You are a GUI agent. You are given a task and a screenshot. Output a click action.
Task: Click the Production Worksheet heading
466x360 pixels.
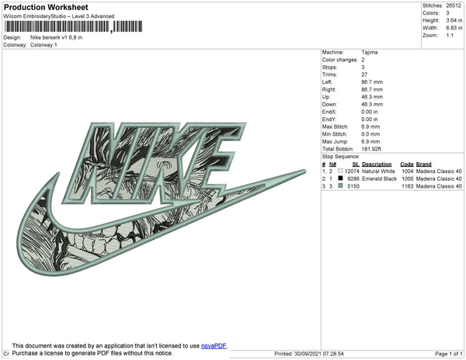click(x=46, y=7)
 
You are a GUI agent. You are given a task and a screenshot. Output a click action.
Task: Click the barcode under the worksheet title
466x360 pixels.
click(x=74, y=26)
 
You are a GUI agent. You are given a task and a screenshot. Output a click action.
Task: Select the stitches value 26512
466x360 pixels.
click(x=454, y=5)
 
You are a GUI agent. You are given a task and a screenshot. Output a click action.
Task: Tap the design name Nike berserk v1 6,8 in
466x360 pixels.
click(x=56, y=37)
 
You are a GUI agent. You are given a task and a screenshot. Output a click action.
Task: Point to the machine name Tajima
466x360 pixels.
click(x=370, y=52)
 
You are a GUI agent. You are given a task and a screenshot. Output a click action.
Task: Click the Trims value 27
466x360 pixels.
click(x=364, y=74)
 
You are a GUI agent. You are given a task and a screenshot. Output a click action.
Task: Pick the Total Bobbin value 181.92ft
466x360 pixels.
click(x=371, y=149)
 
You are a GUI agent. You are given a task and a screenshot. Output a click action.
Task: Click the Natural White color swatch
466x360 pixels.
click(x=340, y=171)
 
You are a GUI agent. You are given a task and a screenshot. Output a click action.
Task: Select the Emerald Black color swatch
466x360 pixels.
click(x=340, y=178)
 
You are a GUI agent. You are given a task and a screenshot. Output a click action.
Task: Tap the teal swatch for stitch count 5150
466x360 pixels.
click(x=340, y=185)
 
